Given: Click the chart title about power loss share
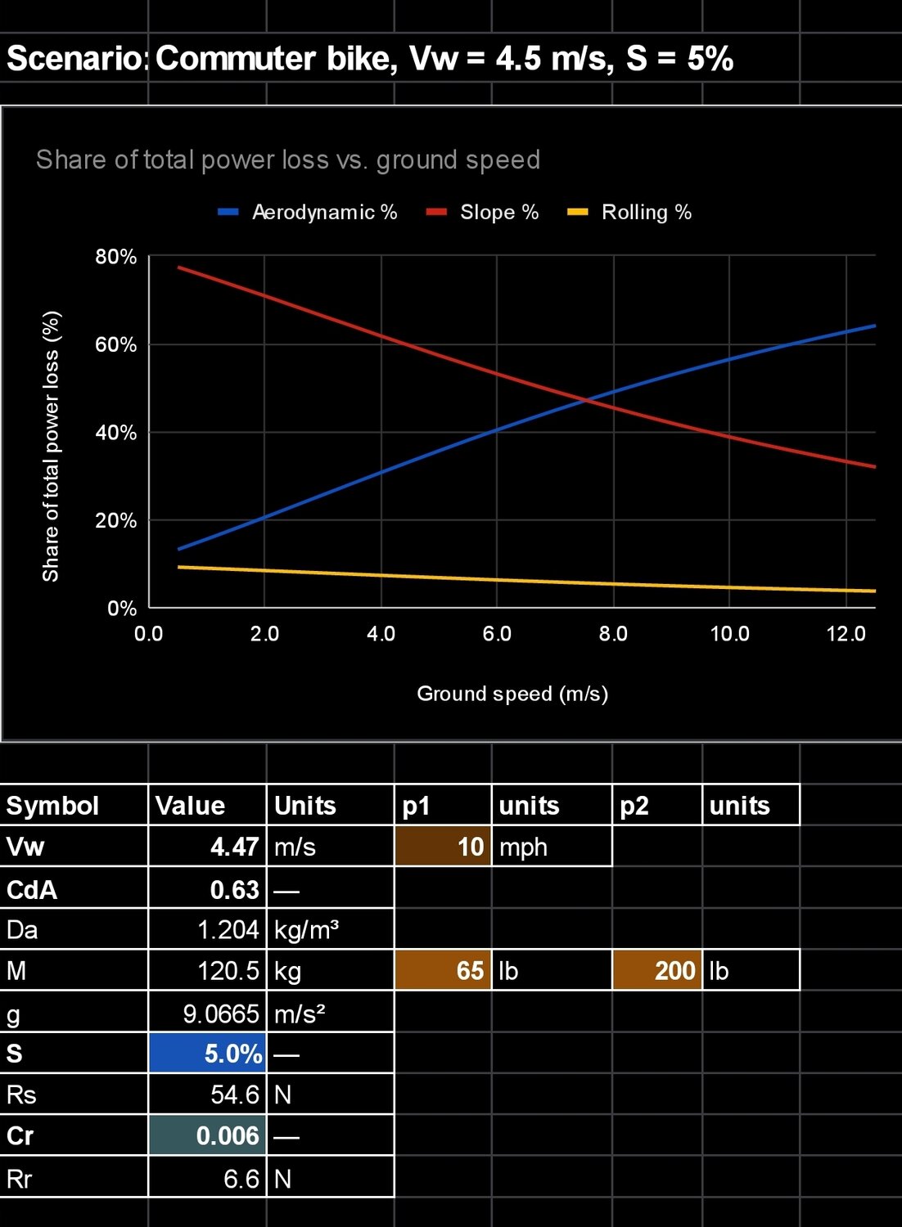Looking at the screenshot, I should (x=287, y=160).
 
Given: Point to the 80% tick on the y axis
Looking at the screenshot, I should (x=115, y=257).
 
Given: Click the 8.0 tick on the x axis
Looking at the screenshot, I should (x=613, y=634).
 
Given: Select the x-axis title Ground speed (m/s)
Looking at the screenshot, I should (x=512, y=694).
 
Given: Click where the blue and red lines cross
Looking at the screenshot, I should (x=587, y=400).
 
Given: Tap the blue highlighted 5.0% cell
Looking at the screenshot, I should (x=208, y=1053).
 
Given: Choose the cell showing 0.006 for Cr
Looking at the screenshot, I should (x=208, y=1135).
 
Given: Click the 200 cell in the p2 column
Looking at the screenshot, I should (x=657, y=970).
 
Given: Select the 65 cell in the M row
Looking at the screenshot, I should (x=443, y=970).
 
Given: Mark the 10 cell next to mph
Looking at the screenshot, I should (x=443, y=847).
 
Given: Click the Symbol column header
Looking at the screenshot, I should (x=53, y=806).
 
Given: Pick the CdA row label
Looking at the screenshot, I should (x=32, y=889).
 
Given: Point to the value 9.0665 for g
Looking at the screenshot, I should (x=221, y=1014).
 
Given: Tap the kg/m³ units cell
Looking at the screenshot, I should (x=307, y=930).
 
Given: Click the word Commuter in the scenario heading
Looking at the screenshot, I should (x=236, y=59).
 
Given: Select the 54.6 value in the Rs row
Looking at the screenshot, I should (x=235, y=1094).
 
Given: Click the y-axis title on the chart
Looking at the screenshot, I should (x=51, y=446).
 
